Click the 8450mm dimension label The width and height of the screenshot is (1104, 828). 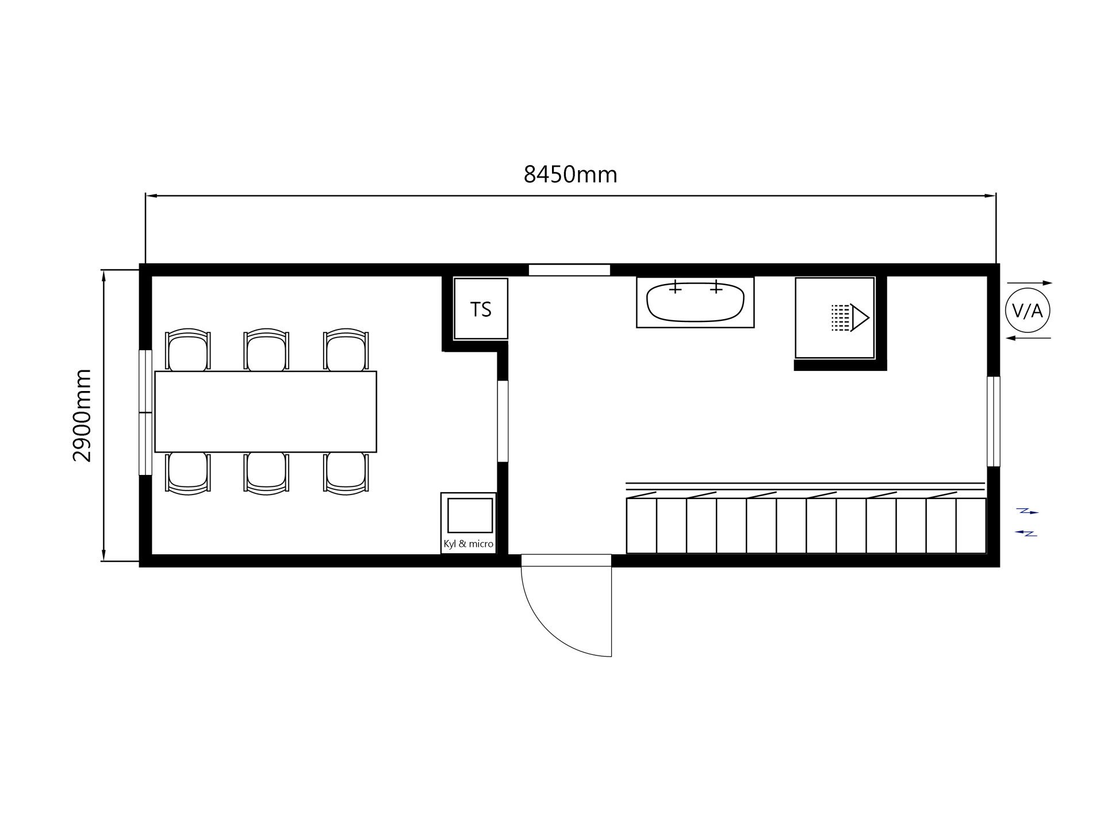pos(570,174)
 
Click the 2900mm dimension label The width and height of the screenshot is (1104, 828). pos(83,415)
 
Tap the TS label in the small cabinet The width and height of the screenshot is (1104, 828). pos(481,309)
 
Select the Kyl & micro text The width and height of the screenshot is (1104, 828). pos(468,544)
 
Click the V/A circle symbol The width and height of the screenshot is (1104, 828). pos(1028,311)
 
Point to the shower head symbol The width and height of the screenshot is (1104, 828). pos(850,318)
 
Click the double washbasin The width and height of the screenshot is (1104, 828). pos(695,302)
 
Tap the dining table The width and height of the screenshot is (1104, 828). pos(266,412)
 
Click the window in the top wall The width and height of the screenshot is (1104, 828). pos(569,270)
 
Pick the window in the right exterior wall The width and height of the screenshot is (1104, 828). pos(994,421)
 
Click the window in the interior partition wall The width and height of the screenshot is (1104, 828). pos(503,421)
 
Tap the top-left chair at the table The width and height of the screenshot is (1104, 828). pos(187,350)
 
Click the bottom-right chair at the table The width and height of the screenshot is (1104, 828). pos(346,473)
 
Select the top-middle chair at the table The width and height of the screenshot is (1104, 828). pos(266,350)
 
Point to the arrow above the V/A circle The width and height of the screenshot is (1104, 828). pos(1029,283)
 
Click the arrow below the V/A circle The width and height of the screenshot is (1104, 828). pos(1028,338)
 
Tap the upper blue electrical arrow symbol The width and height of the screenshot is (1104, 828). pos(1028,511)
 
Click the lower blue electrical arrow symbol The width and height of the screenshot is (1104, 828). pos(1026,534)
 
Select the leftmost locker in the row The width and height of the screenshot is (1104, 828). pos(641,526)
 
